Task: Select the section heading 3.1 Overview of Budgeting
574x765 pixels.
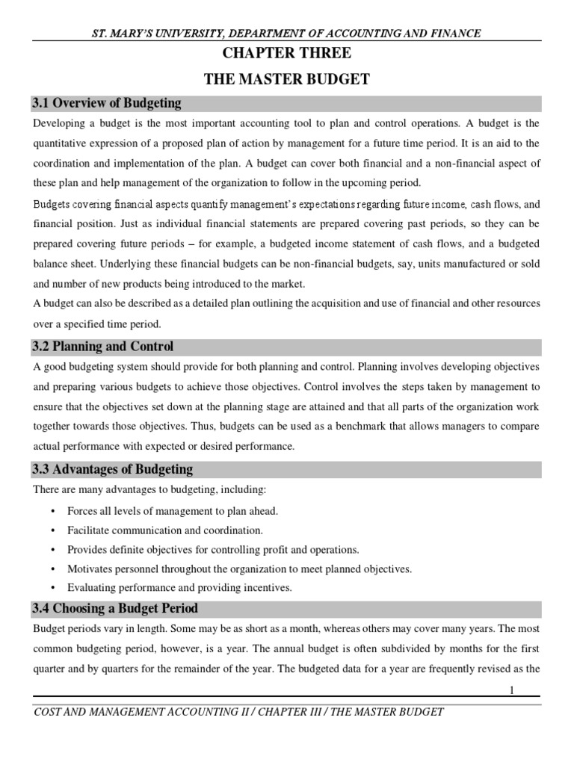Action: [107, 103]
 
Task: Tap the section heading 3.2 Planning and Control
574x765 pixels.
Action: [103, 347]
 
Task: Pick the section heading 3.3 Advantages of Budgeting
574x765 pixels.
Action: [113, 470]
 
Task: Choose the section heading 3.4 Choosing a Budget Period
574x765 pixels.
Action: [116, 609]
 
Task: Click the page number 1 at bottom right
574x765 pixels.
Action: [513, 692]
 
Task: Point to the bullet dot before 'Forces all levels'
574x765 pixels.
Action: [52, 511]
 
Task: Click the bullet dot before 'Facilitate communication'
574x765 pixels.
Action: [52, 530]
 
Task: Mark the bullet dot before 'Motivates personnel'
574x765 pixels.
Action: [52, 569]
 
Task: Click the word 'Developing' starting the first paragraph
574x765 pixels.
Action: [59, 123]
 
